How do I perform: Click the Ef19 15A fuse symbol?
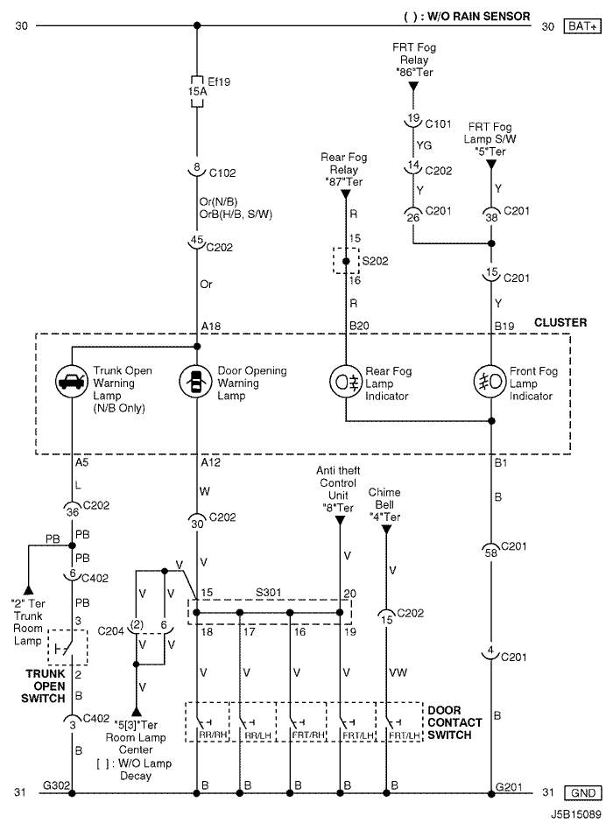pos(197,91)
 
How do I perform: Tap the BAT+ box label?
pos(582,26)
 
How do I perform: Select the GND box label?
pos(583,792)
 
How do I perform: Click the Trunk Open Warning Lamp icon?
pos(72,381)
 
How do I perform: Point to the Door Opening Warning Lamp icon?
pos(196,381)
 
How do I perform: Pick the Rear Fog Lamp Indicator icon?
pos(346,381)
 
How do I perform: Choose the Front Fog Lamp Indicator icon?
pos(490,381)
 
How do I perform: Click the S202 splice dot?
pos(346,261)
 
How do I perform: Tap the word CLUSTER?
pos(560,322)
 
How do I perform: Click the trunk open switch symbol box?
pos(67,647)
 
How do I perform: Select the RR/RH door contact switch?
pos(207,721)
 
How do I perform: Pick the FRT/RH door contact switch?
pos(302,721)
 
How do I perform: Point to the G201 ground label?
pos(509,786)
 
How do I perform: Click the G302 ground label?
pos(56,785)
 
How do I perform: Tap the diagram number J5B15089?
pos(576,814)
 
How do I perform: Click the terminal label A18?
pos(211,327)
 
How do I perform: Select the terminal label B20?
pos(359,326)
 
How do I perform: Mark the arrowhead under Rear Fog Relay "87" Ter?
pos(345,194)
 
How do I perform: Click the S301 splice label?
pos(268,593)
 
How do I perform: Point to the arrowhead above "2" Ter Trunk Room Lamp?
pos(28,590)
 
